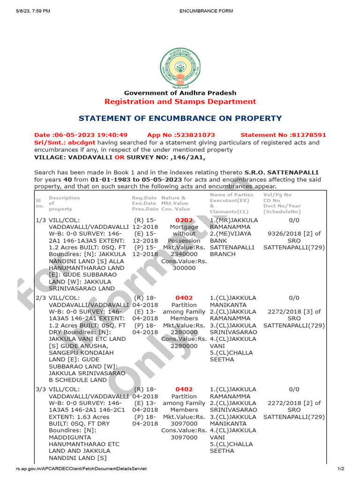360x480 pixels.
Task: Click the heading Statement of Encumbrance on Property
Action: point(180,118)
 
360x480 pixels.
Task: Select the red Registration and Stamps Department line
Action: point(180,101)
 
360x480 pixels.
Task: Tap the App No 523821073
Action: point(181,135)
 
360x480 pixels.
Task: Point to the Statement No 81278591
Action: point(283,135)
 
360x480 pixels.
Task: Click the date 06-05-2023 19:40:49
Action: point(81,135)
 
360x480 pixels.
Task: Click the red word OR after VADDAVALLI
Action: point(119,157)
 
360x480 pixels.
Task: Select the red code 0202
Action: point(184,220)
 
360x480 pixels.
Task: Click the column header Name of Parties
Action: point(232,195)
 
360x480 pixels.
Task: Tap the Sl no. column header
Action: point(39,203)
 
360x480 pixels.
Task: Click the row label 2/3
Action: point(41,298)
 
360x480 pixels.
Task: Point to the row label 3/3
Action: point(41,389)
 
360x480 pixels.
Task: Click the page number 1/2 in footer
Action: point(341,469)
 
